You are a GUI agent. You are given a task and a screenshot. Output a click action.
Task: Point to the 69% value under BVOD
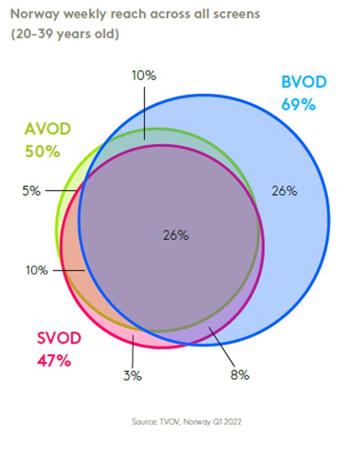298,104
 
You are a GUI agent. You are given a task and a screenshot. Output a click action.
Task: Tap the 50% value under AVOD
42,151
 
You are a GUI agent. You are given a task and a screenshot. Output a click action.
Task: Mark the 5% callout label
31,191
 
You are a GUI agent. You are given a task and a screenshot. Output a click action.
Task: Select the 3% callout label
132,375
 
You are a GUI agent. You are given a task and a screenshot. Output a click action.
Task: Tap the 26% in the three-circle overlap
175,235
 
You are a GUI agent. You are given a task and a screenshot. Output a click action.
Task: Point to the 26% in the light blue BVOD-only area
284,191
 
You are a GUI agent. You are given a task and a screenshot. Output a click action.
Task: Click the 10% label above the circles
144,75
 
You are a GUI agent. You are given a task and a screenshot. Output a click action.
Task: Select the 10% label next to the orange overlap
36,270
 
